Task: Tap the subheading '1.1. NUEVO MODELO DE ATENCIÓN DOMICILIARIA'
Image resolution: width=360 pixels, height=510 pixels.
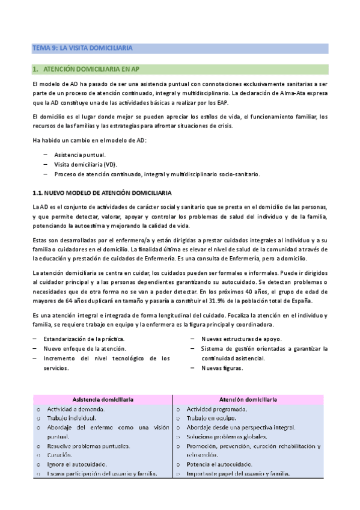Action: tap(102, 192)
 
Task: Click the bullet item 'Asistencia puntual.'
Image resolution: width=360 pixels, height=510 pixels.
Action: tap(80, 155)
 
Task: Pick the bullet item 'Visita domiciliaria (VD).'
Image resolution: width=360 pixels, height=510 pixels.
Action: tap(86, 164)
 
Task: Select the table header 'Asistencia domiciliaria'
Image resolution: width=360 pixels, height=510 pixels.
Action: tap(103, 399)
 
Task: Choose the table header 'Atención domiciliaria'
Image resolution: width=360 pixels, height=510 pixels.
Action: tap(248, 399)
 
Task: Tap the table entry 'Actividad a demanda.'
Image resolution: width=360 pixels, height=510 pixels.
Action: tap(79, 409)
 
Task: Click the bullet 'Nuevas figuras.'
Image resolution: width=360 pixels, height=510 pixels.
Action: tap(222, 367)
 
